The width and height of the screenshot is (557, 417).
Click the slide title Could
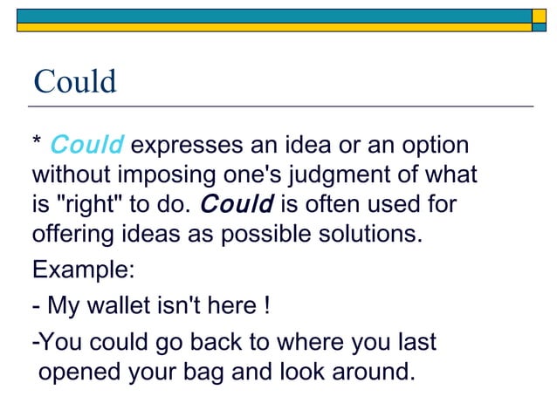pos(74,82)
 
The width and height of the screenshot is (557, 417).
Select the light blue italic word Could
pos(87,145)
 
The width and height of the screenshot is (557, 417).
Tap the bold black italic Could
pos(237,205)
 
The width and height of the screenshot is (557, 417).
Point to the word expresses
pos(188,146)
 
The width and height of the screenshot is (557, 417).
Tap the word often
pos(335,205)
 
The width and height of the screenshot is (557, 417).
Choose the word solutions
pos(362,235)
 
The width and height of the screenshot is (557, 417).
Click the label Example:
pos(84,270)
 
